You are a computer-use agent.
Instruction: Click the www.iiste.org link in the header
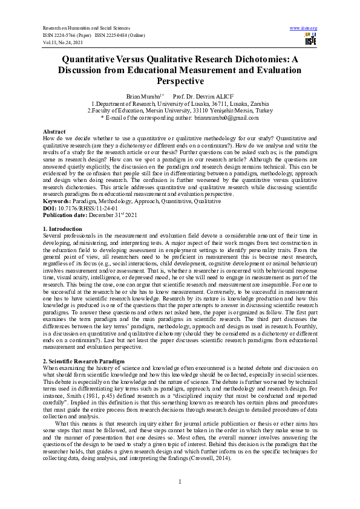point(304,28)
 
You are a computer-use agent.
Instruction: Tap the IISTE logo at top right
point(311,39)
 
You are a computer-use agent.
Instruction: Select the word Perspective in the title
point(180,81)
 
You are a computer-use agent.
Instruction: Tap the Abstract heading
point(54,131)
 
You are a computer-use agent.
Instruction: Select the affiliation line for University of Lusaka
point(180,104)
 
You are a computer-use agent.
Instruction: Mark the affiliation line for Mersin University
point(180,111)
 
